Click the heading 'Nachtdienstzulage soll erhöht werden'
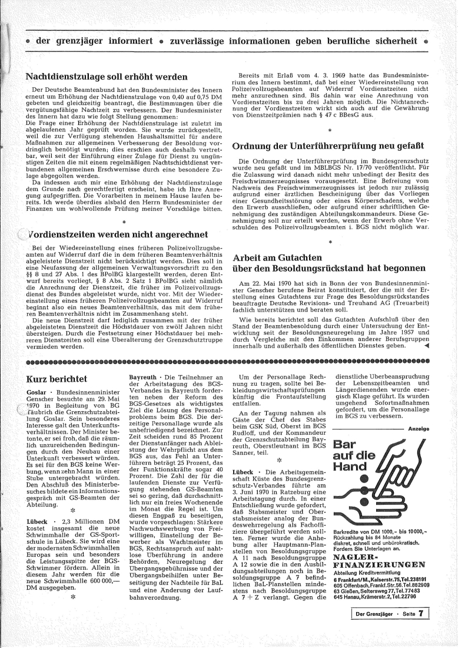(x=107, y=77)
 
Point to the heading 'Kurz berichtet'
(x=57, y=378)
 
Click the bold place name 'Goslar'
(x=37, y=392)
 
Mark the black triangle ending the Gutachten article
(x=426, y=346)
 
